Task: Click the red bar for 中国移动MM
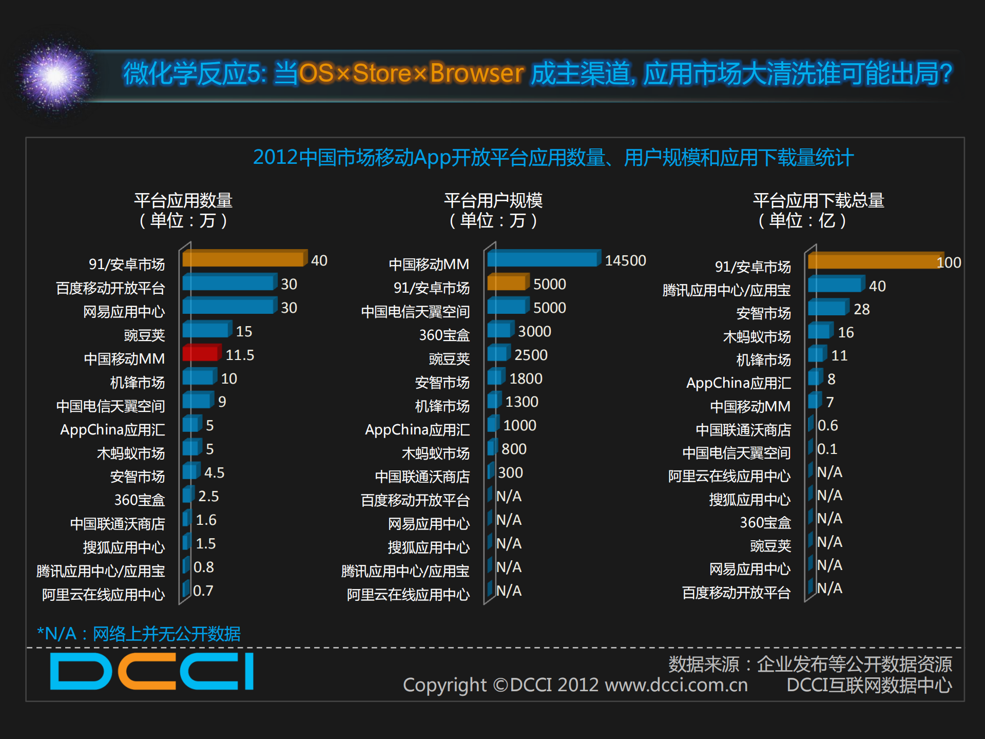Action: (x=201, y=354)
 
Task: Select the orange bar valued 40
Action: (x=243, y=259)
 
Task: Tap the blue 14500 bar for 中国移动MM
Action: (x=543, y=259)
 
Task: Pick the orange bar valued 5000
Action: (x=507, y=282)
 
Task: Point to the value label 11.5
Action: (x=240, y=355)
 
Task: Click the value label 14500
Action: (x=625, y=261)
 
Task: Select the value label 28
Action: (x=861, y=309)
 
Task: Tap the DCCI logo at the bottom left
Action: (x=152, y=671)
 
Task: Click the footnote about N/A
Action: (x=139, y=634)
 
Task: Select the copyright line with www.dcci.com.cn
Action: (x=575, y=685)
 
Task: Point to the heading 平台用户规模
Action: (x=493, y=200)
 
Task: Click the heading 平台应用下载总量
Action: (x=818, y=200)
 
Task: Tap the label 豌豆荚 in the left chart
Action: (x=144, y=335)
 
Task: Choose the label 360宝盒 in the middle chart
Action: (x=444, y=335)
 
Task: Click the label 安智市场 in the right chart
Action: (x=763, y=313)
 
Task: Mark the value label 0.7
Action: (x=203, y=591)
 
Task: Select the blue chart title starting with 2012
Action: (x=553, y=158)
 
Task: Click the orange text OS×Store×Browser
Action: (x=411, y=73)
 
